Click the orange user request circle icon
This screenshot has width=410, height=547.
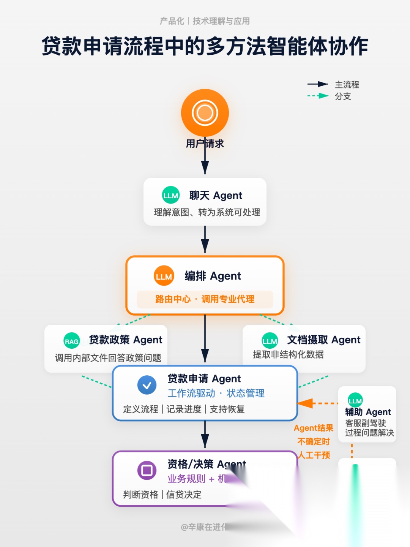(x=205, y=113)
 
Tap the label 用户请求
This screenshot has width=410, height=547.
(x=205, y=144)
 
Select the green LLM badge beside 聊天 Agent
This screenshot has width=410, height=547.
(x=170, y=195)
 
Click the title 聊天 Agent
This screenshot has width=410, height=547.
(x=216, y=195)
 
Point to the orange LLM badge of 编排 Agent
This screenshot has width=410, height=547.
(x=164, y=276)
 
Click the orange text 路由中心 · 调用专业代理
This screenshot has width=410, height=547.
(x=205, y=299)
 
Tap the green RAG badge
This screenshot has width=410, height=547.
(x=71, y=341)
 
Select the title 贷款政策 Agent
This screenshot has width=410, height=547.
(x=125, y=340)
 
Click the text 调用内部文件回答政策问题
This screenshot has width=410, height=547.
(x=108, y=358)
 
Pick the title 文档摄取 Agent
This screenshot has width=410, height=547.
(x=323, y=340)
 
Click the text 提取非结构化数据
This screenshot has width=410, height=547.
(x=288, y=354)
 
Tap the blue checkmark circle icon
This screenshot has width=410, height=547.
(x=147, y=385)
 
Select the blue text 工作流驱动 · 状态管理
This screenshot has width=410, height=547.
(x=216, y=393)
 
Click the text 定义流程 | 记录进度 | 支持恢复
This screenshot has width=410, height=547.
(x=184, y=409)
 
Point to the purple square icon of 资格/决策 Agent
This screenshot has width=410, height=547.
(x=147, y=470)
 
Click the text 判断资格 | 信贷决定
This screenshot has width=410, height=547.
(x=162, y=495)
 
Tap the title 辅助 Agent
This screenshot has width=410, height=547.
(x=368, y=412)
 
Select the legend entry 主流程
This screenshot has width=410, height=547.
(x=347, y=84)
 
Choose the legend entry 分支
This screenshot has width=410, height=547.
(x=343, y=96)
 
